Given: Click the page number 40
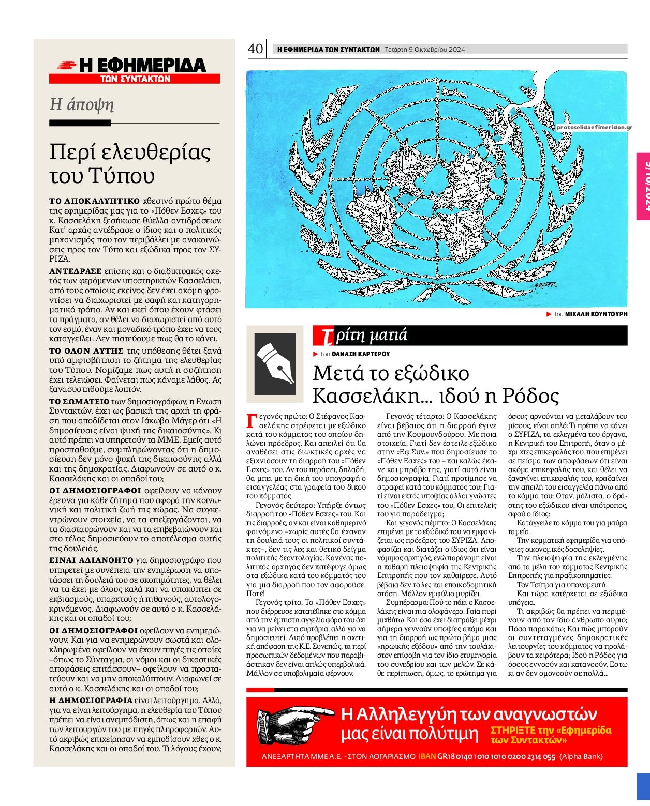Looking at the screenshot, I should pyautogui.click(x=256, y=49).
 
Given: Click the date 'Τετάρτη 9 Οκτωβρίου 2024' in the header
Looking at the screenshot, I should pyautogui.click(x=425, y=50).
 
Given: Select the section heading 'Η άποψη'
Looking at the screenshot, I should pyautogui.click(x=81, y=105).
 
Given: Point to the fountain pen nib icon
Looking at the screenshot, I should pyautogui.click(x=275, y=363).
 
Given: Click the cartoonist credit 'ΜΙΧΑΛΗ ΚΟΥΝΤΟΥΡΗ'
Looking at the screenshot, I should pyautogui.click(x=596, y=314).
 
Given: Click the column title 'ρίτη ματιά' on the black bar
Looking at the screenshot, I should pyautogui.click(x=371, y=336).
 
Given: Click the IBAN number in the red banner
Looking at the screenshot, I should pyautogui.click(x=496, y=756).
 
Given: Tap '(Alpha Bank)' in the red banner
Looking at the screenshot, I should pyautogui.click(x=581, y=756).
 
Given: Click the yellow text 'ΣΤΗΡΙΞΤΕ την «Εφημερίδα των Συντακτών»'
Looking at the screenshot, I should pyautogui.click(x=551, y=735).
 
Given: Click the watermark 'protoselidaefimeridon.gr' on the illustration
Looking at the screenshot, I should pyautogui.click(x=594, y=127).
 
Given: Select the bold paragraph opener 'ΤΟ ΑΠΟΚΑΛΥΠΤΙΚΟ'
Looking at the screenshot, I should pyautogui.click(x=94, y=201).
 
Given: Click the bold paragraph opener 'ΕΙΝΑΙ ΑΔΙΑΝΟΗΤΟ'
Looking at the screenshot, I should pyautogui.click(x=92, y=560).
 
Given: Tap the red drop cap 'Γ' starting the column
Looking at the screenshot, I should pyautogui.click(x=252, y=421).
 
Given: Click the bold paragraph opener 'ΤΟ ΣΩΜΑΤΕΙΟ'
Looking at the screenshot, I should pyautogui.click(x=79, y=401).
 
